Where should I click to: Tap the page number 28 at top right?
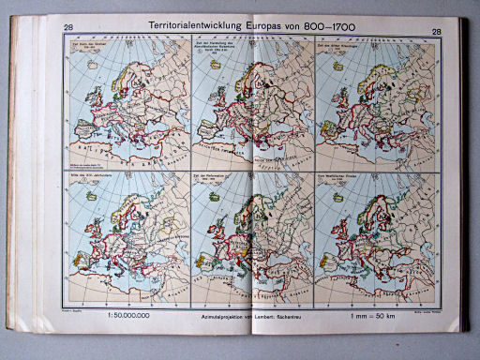pyautogui.click(x=437, y=30)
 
